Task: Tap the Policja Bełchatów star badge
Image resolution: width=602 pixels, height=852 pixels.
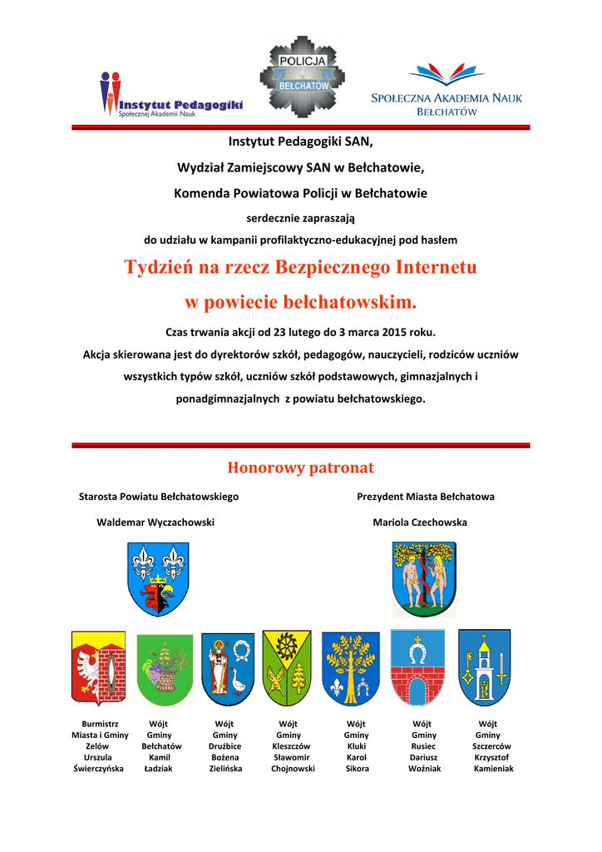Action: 302,76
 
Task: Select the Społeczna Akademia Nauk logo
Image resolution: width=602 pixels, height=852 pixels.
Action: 446,90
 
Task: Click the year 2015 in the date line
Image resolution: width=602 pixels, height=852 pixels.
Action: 387,332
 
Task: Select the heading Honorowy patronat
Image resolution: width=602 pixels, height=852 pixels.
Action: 300,468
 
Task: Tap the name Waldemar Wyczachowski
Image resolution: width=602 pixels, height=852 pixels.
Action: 156,523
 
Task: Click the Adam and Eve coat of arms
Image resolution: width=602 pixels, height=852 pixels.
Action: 424,579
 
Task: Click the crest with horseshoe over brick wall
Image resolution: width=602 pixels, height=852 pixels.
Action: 418,666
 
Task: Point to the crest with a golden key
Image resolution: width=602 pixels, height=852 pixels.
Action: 484,666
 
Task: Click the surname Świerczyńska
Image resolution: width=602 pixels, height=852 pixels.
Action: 98,769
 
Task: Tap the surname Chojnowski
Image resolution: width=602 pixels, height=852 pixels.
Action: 293,769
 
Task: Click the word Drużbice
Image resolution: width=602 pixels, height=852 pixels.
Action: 225,746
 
